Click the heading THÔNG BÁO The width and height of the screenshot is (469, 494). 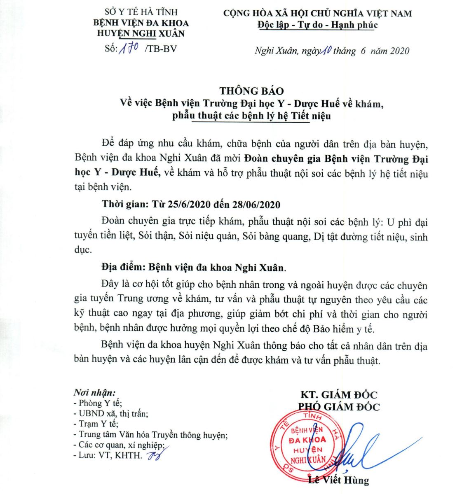pyautogui.click(x=251, y=91)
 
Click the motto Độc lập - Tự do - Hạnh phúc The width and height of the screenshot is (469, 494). pyautogui.click(x=317, y=25)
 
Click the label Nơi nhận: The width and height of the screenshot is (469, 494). pyautogui.click(x=94, y=392)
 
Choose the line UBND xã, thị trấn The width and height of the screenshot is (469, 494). pyautogui.click(x=111, y=413)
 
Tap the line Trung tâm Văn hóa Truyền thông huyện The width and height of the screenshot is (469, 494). pyautogui.click(x=150, y=434)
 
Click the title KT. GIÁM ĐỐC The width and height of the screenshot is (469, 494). pyautogui.click(x=339, y=395)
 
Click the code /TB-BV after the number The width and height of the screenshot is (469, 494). pyautogui.click(x=161, y=49)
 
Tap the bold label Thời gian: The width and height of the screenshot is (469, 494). pyautogui.click(x=126, y=205)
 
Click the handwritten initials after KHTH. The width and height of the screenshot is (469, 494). pyautogui.click(x=153, y=455)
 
